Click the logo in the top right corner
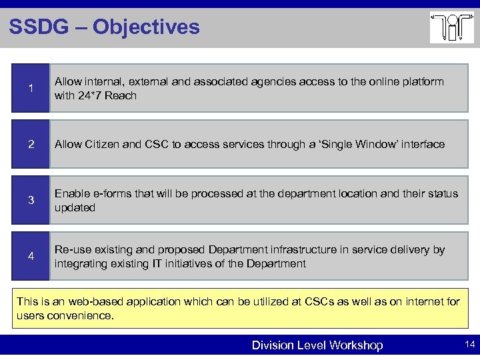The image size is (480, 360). tap(451, 28)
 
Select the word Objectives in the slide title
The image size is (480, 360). tap(146, 27)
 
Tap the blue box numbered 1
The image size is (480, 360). tap(31, 88)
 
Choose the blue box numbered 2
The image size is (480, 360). tap(31, 144)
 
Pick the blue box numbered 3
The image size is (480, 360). tap(31, 200)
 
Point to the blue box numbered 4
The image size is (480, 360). tap(31, 256)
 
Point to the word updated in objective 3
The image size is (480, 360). tap(75, 207)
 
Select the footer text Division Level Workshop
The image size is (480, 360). tap(317, 345)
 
